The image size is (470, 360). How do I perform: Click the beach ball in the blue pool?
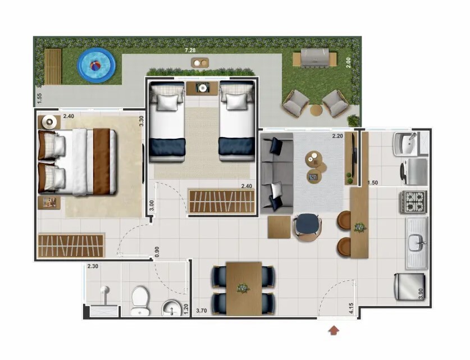95,66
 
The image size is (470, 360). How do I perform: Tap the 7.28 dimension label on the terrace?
190,50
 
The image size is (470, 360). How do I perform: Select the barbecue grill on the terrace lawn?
314,57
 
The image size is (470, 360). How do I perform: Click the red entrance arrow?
334,330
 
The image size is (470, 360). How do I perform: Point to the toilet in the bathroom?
140,300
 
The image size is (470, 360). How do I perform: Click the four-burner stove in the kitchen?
413,202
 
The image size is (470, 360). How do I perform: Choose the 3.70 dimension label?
202,311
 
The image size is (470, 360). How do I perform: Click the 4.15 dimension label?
351,308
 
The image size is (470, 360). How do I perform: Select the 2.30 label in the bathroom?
93,266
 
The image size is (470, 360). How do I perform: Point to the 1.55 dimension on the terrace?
39,99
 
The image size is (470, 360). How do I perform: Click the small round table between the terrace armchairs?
316,110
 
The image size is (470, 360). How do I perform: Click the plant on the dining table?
243,288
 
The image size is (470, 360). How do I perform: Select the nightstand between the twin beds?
202,88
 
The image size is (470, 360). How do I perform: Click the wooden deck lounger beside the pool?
53,66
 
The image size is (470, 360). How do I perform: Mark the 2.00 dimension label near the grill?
348,63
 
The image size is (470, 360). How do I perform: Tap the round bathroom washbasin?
171,308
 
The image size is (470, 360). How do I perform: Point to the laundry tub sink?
407,144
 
